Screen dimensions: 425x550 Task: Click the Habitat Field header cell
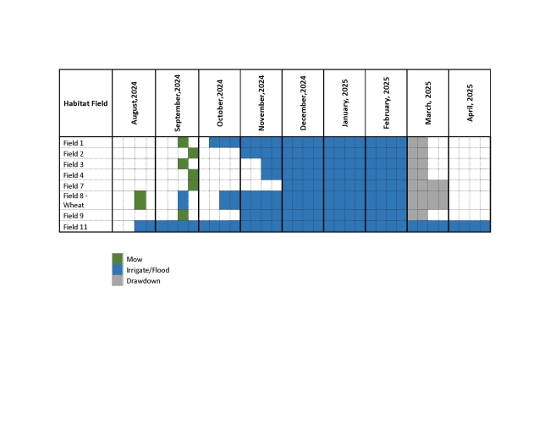tap(85, 102)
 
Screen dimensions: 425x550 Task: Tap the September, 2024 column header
tap(178, 102)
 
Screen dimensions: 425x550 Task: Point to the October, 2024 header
tap(220, 102)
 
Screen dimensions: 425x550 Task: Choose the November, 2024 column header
tap(261, 102)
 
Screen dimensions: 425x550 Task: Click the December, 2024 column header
tap(303, 102)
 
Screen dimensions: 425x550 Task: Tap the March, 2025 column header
tap(428, 102)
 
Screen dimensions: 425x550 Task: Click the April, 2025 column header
tap(470, 102)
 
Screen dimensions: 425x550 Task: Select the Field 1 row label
tap(74, 142)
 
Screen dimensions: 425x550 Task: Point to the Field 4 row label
tap(74, 174)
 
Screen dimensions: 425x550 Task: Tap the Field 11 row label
tap(75, 226)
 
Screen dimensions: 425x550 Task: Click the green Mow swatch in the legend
tap(118, 259)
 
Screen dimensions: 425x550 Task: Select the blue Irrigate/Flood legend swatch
tap(118, 270)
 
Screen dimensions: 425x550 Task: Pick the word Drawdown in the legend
tap(143, 280)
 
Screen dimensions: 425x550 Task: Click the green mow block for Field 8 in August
tap(140, 200)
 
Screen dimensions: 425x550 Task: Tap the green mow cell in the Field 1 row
tap(183, 142)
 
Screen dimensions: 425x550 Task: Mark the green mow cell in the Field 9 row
tap(183, 215)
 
